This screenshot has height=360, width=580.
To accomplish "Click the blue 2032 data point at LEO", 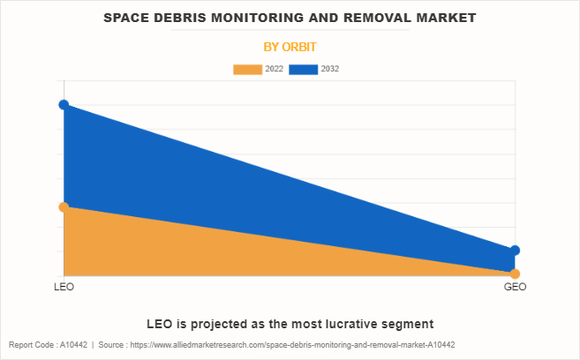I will coord(64,105).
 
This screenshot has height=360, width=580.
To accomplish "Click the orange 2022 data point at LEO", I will coord(64,207).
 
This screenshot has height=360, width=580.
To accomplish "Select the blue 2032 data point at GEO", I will coord(515,251).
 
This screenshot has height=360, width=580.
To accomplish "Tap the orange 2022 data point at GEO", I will coord(515,274).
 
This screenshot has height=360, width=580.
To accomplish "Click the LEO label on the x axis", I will coord(64,288).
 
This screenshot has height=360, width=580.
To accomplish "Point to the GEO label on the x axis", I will coord(515,288).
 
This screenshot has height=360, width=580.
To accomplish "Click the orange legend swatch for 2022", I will coord(247,69).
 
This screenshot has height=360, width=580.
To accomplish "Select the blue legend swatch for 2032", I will coord(304,69).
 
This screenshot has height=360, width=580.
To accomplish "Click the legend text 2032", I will coord(330,69).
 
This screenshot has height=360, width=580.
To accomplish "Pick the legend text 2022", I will coord(274,69).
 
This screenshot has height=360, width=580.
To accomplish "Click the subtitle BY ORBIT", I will coord(290,46).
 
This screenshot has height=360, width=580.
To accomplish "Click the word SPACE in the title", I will coord(128,18).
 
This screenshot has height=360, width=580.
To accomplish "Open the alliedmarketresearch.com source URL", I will coord(291,345).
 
